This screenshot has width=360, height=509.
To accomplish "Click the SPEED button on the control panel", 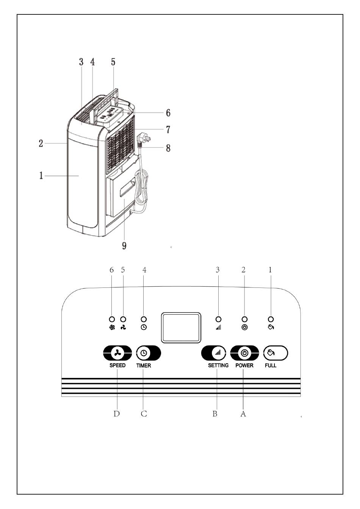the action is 117,353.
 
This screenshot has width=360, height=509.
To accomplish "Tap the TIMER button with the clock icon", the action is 148,353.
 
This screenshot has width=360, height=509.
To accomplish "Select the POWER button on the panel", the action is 244,353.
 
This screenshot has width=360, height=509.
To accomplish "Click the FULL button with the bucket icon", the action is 275,353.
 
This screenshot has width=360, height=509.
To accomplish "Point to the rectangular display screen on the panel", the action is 181,328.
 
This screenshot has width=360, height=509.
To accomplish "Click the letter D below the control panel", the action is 116,414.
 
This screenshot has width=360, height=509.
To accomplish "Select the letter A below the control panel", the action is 243,414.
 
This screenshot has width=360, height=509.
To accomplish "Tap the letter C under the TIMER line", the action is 144,414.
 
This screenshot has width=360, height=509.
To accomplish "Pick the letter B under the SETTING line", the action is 215,414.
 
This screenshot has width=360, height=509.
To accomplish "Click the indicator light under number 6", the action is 112,319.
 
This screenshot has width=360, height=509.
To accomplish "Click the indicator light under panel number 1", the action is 271,319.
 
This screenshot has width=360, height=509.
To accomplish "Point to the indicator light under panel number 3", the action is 218,319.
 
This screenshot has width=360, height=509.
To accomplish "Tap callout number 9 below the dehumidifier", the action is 124,245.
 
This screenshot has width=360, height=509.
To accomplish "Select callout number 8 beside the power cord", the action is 168,148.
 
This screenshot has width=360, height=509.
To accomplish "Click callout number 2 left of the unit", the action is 41,144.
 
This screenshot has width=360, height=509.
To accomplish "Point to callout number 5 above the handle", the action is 113,62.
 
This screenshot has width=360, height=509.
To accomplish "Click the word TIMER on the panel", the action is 144,365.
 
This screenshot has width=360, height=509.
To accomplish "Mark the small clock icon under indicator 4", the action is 144,327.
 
